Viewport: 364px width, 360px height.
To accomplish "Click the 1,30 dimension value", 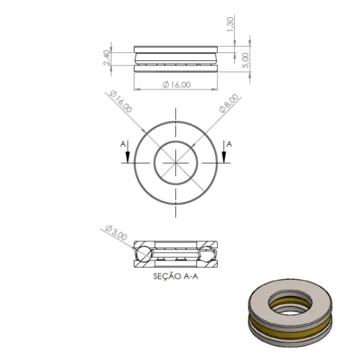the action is (230, 25).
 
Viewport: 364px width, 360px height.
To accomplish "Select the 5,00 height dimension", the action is (245, 60).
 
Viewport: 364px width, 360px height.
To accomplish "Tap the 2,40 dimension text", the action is (106, 58).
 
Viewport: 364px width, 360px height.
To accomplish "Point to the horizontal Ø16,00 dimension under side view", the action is (177, 84).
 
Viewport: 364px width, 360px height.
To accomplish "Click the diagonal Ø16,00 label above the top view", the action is (121, 101).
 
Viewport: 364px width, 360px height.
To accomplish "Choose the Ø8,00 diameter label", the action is (229, 103).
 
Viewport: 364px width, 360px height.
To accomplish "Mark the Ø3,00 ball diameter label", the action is (116, 233).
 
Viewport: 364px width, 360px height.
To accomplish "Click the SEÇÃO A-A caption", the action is (175, 276).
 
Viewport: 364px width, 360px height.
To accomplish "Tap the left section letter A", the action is (123, 144).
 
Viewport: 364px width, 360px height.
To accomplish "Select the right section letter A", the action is (229, 144).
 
